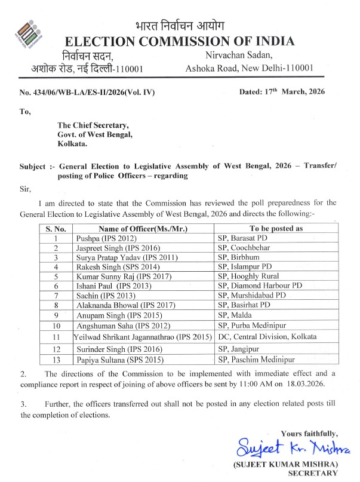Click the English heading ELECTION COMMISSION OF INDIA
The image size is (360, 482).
pos(180,41)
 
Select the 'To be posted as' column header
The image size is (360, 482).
pos(276,228)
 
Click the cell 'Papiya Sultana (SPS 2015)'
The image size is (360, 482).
pos(122,361)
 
